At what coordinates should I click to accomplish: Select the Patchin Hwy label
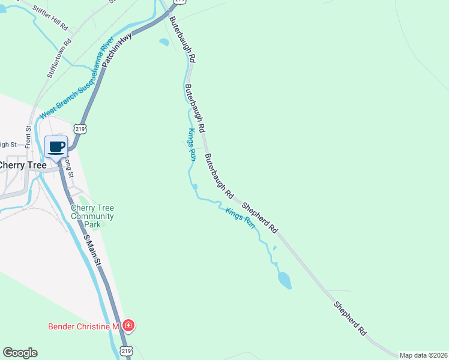pyautogui.click(x=116, y=50)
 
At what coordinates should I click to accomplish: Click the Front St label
pyautogui.click(x=28, y=136)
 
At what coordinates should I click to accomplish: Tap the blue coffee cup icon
pyautogui.click(x=56, y=147)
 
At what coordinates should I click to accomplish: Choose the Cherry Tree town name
pyautogui.click(x=23, y=165)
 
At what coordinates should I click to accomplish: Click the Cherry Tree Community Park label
pyautogui.click(x=92, y=216)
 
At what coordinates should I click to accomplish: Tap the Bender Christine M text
pyautogui.click(x=85, y=326)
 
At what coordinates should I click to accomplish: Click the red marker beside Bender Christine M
pyautogui.click(x=128, y=326)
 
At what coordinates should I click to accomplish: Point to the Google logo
pyautogui.click(x=20, y=353)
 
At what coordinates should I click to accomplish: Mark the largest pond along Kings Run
pyautogui.click(x=285, y=280)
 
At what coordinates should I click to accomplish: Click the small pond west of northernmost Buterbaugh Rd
pyautogui.click(x=164, y=42)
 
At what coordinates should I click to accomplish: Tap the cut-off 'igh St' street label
pyautogui.click(x=8, y=144)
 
